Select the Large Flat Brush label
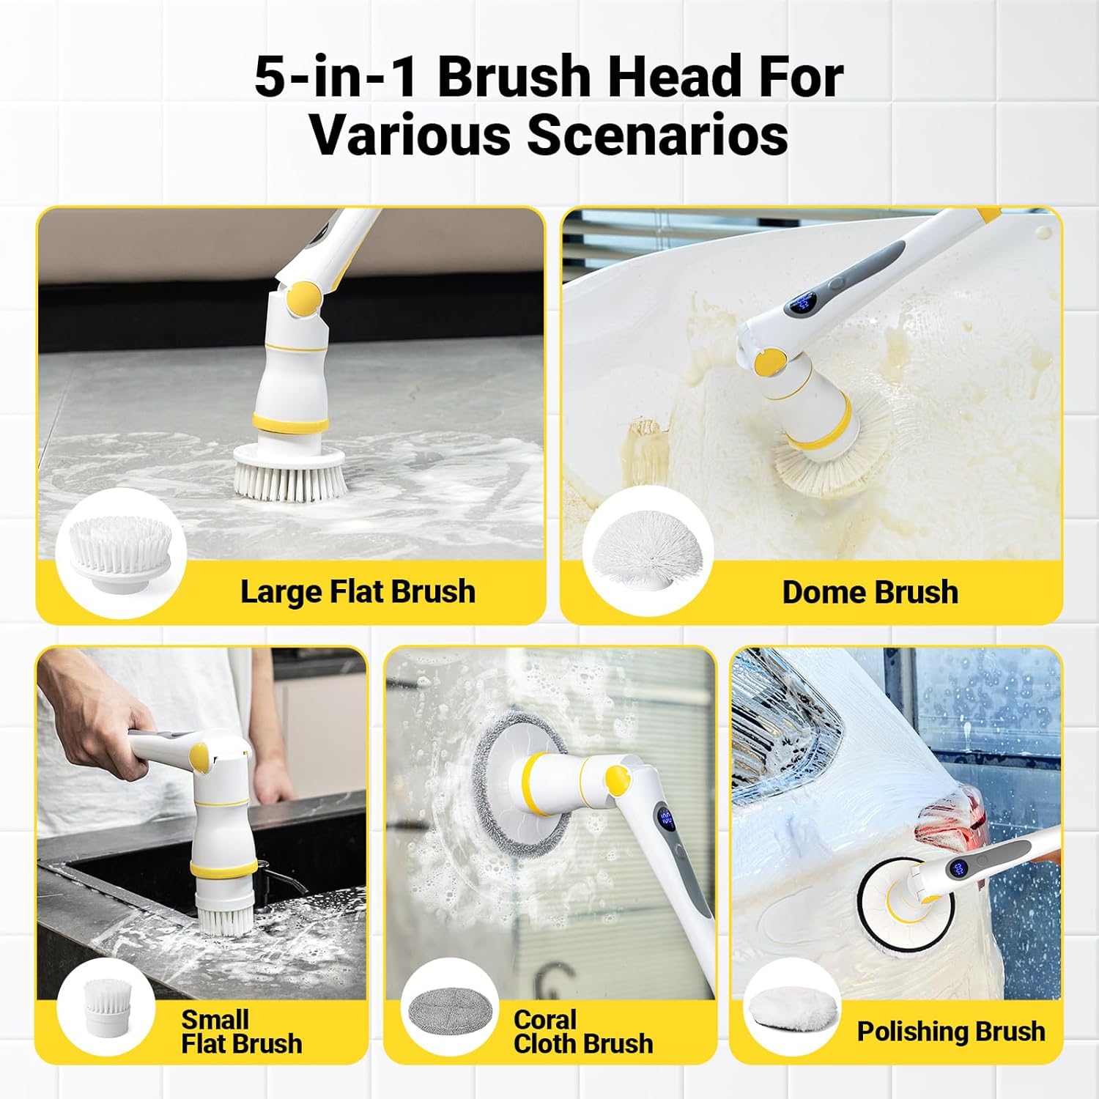(x=358, y=591)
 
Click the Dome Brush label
(x=870, y=592)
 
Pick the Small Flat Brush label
(x=241, y=1031)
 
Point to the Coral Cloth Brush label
(x=582, y=1031)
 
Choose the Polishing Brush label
(x=950, y=1031)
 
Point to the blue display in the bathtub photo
(x=804, y=302)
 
